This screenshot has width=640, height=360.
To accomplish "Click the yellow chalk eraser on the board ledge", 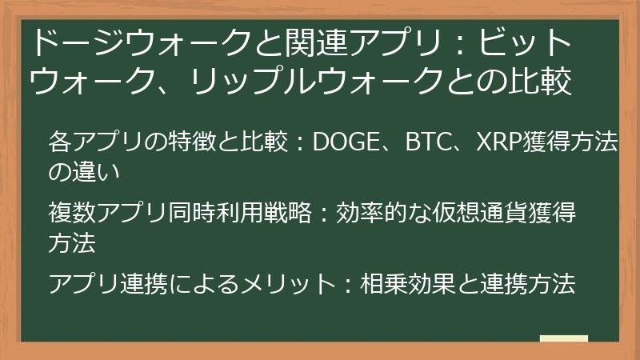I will [x=564, y=338].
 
